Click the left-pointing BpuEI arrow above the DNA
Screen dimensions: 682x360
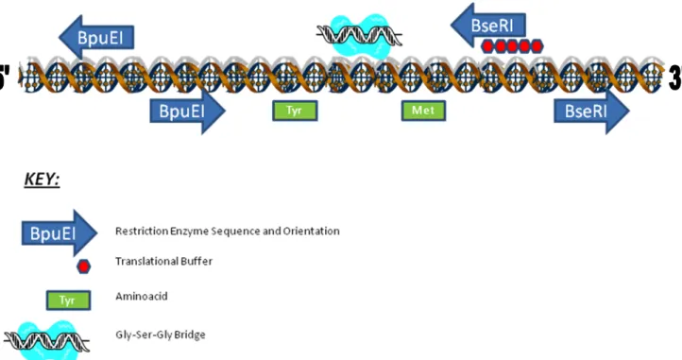[96, 38]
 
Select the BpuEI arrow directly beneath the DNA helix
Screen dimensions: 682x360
[187, 111]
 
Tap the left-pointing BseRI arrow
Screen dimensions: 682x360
[488, 26]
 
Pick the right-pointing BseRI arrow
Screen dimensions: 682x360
[591, 111]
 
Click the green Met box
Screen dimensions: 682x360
[423, 111]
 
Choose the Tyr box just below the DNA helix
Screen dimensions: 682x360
[295, 111]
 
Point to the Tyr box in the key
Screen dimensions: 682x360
[68, 300]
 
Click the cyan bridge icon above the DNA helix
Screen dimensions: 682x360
[359, 36]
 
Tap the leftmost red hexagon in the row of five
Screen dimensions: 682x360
[487, 46]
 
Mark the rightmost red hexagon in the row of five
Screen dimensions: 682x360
[537, 46]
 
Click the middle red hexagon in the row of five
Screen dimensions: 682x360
[512, 46]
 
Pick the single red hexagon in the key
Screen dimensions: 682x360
[83, 266]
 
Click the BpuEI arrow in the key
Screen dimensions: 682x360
[60, 232]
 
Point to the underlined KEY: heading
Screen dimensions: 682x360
[42, 180]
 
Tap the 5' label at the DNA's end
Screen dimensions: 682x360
[5, 77]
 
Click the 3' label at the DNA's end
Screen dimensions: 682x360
[675, 78]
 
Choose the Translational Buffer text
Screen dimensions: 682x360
[164, 261]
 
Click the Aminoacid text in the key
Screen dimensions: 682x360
[142, 297]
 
